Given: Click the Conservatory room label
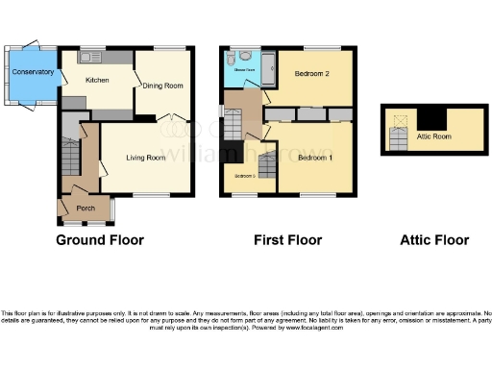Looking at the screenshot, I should coord(27,72).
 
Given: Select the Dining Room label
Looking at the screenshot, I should coord(163,86).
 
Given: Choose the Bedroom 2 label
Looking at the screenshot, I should coord(312,74).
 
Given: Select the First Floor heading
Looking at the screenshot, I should coord(287,240).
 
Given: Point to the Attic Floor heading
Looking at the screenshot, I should coord(434,240).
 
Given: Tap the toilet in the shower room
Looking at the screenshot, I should coord(244,55).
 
